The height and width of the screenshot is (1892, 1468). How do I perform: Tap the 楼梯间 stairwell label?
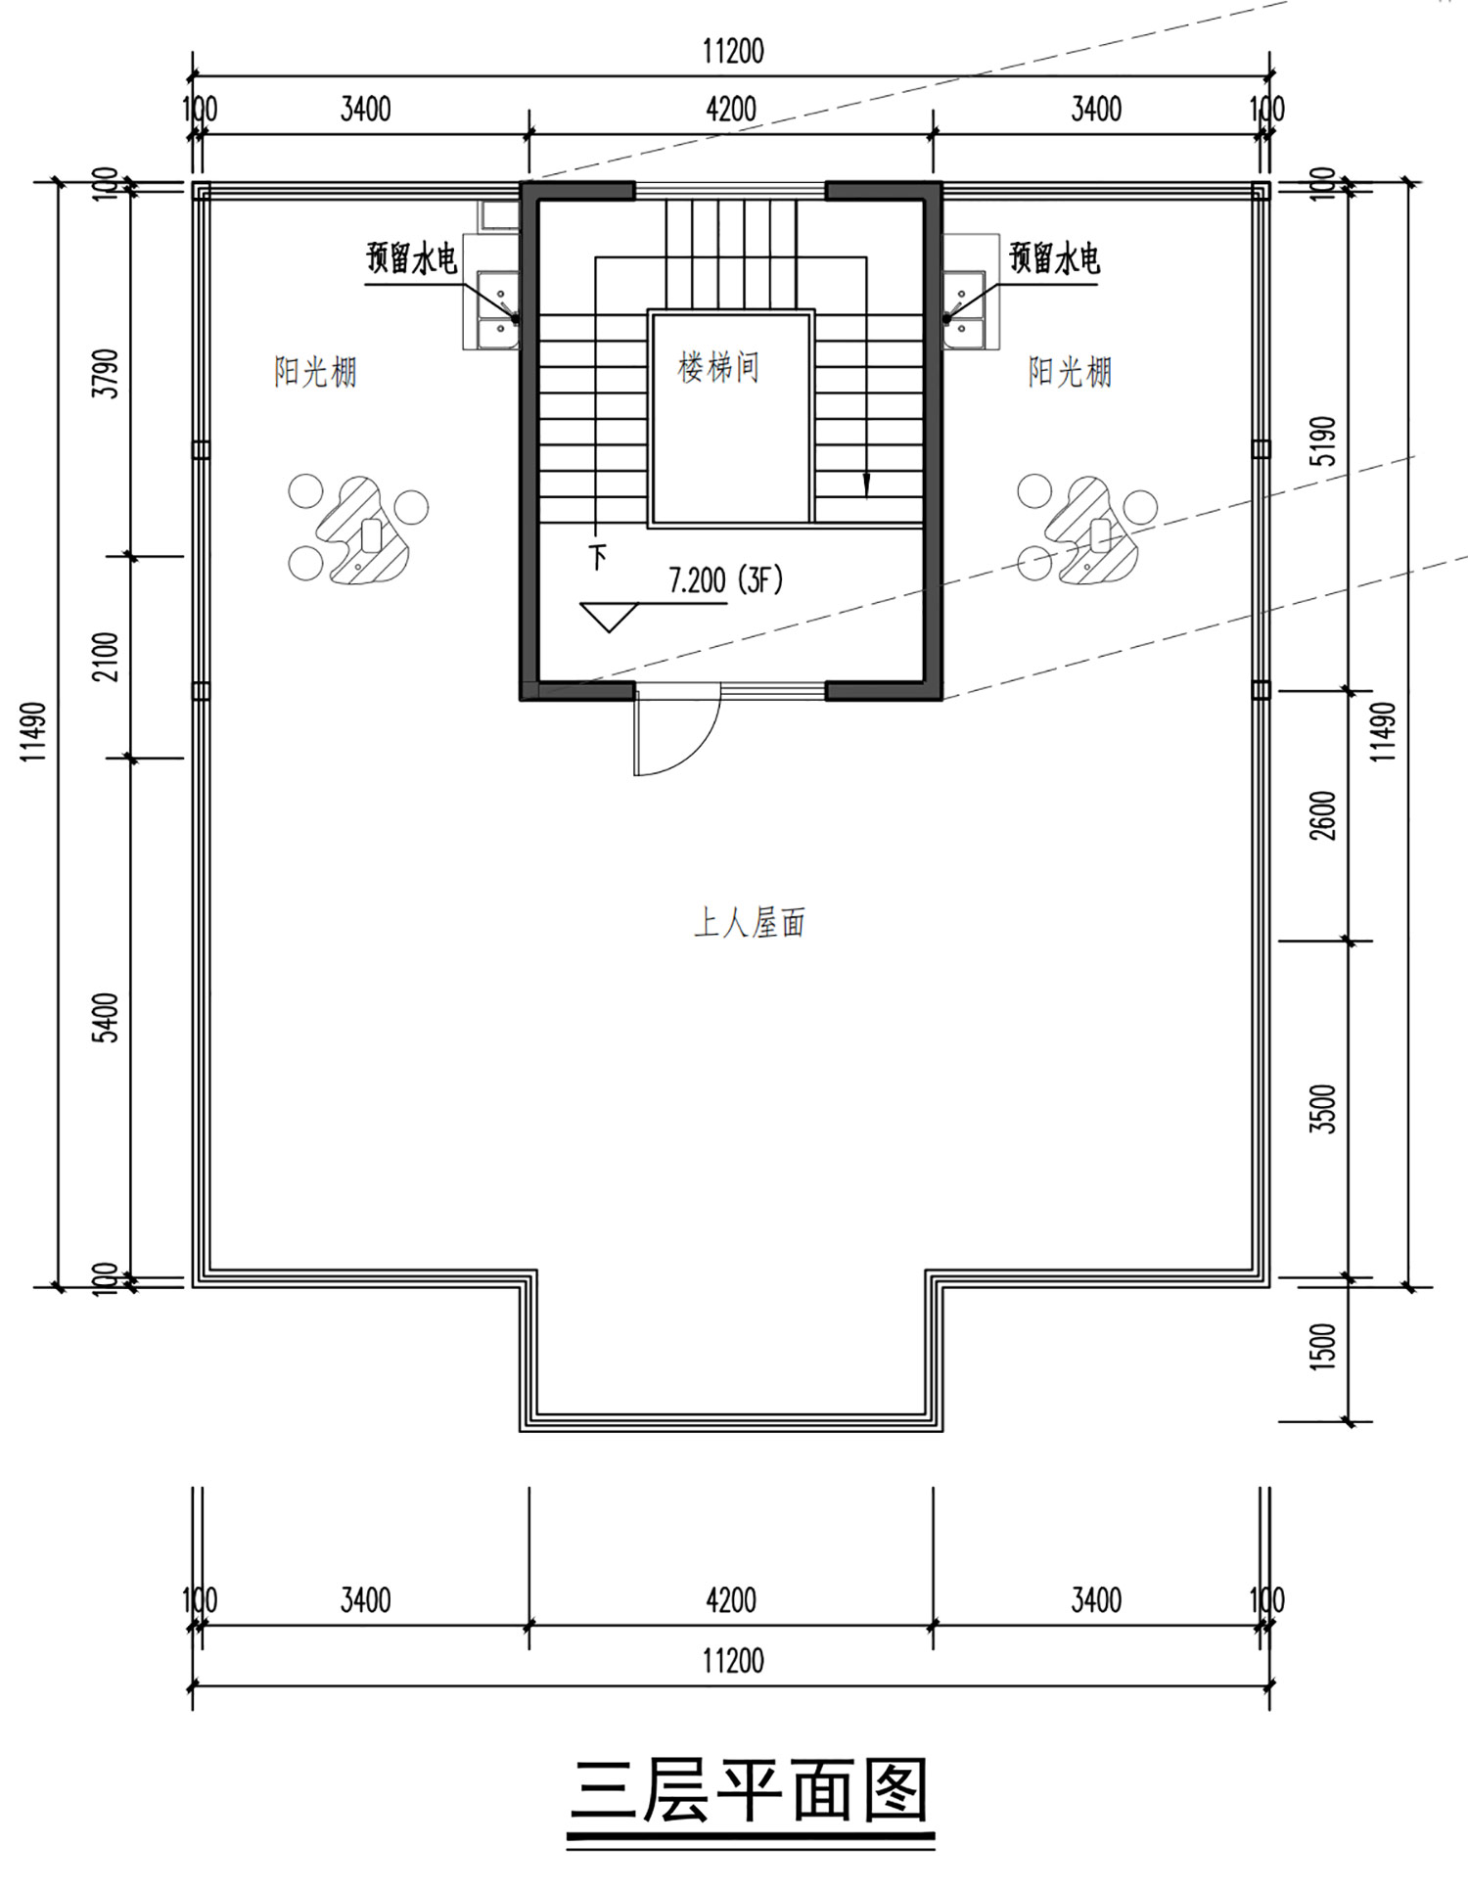coord(718,368)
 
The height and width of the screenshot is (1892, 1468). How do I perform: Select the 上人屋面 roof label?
coord(750,922)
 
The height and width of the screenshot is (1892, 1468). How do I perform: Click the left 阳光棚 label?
coord(315,372)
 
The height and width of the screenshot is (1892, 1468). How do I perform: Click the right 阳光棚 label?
coord(1070,372)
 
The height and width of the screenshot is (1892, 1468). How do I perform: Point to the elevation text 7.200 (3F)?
coord(726,580)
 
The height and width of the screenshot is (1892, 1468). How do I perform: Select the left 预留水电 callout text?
coord(412,259)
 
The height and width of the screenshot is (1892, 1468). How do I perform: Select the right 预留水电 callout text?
coord(1054,258)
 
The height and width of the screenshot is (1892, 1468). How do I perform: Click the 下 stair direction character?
coord(597,557)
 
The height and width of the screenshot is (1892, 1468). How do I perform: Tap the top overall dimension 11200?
coord(733,51)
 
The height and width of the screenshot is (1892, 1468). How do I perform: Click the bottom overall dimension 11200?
coord(733,1661)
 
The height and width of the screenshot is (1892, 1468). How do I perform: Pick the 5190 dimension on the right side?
coord(1322,440)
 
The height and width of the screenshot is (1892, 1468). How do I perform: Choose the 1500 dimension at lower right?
coord(1322,1347)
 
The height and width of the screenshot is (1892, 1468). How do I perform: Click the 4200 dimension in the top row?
coord(731,109)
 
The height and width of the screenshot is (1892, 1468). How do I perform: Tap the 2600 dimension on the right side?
coord(1322,815)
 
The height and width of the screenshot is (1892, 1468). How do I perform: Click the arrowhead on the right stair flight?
coord(866,486)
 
